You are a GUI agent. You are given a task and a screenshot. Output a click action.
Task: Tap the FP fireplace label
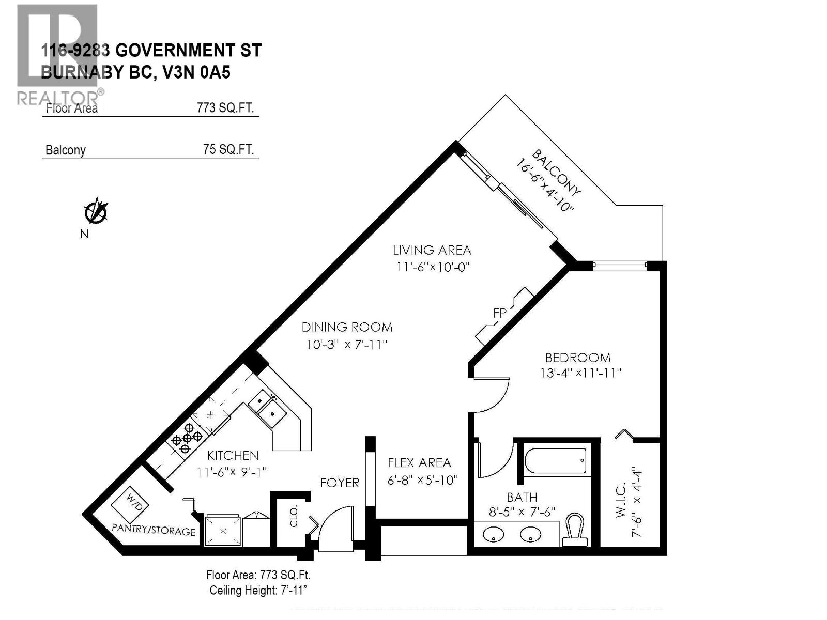pyautogui.click(x=499, y=314)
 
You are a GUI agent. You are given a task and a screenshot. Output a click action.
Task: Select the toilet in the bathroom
pyautogui.click(x=575, y=529)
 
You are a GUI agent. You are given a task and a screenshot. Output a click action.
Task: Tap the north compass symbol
pyautogui.click(x=95, y=212)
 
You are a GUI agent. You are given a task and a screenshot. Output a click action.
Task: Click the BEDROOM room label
pyautogui.click(x=578, y=358)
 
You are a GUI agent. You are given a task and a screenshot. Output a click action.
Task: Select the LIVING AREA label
pyautogui.click(x=432, y=251)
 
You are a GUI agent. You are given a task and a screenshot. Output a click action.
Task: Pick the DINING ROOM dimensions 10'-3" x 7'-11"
pyautogui.click(x=346, y=345)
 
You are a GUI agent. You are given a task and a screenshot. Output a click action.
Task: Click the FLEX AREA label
pyautogui.click(x=419, y=463)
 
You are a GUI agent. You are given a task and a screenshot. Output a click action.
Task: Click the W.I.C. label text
pyautogui.click(x=621, y=500)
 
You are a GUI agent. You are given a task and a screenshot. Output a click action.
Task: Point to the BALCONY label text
pyautogui.click(x=556, y=173)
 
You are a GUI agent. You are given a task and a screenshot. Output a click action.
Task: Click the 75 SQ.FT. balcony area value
pyautogui.click(x=228, y=149)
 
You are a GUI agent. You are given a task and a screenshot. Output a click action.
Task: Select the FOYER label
pyautogui.click(x=339, y=483)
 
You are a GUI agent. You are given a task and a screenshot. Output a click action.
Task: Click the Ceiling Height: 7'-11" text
pyautogui.click(x=258, y=591)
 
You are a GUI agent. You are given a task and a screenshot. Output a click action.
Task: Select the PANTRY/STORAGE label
pyautogui.click(x=154, y=530)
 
